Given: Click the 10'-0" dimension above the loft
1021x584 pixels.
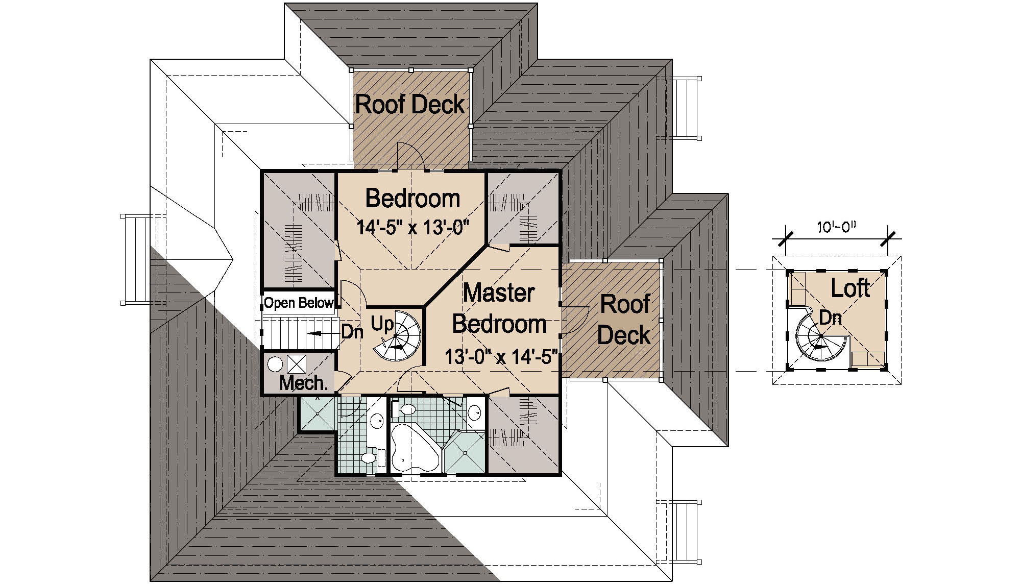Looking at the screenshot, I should tap(836, 228).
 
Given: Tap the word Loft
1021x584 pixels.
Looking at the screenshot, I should tap(850, 288).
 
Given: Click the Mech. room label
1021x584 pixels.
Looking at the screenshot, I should tap(303, 383).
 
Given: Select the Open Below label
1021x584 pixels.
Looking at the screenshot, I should tap(299, 303).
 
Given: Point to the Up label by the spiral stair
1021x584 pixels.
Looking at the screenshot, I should tap(382, 324).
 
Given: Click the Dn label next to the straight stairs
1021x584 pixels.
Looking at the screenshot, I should tap(352, 332).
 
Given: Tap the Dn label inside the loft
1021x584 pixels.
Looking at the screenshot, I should tap(830, 318).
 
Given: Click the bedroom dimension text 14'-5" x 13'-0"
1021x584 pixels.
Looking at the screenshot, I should tap(412, 227).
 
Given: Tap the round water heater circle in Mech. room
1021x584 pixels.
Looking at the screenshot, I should tap(275, 364).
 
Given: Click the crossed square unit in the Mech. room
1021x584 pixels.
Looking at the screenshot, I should tap(296, 364).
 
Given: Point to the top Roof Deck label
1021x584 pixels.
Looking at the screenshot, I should tap(410, 105).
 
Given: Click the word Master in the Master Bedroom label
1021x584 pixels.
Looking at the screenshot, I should tap(498, 293).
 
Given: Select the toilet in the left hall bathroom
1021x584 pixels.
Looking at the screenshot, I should tap(369, 456).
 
